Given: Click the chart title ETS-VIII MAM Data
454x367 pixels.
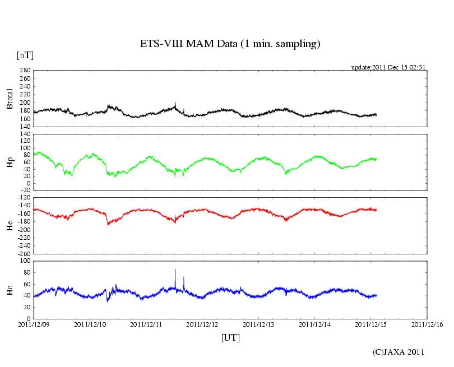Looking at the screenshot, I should click(x=230, y=44).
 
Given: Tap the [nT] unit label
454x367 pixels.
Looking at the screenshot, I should click(x=25, y=55).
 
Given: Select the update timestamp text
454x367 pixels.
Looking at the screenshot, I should click(x=388, y=67).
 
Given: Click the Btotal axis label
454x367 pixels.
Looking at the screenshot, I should click(x=10, y=99).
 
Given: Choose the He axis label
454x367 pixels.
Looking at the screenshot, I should click(x=10, y=225).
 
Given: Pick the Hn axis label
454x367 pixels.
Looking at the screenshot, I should click(x=10, y=290).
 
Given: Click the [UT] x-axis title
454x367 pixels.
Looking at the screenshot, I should click(x=230, y=337).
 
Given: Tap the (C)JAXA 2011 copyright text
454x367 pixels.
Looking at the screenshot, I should click(x=399, y=352).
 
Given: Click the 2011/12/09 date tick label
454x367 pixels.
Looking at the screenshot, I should click(x=34, y=324).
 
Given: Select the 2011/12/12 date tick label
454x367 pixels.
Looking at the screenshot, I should click(x=202, y=324).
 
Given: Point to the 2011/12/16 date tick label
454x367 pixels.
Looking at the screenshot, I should click(x=428, y=324).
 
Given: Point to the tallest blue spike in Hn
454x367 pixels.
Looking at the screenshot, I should click(x=175, y=270).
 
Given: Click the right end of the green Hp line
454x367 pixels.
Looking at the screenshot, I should click(x=376, y=159).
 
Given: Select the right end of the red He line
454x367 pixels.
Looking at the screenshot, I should click(x=376, y=210).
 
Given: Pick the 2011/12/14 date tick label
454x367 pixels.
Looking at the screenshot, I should click(x=315, y=324).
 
